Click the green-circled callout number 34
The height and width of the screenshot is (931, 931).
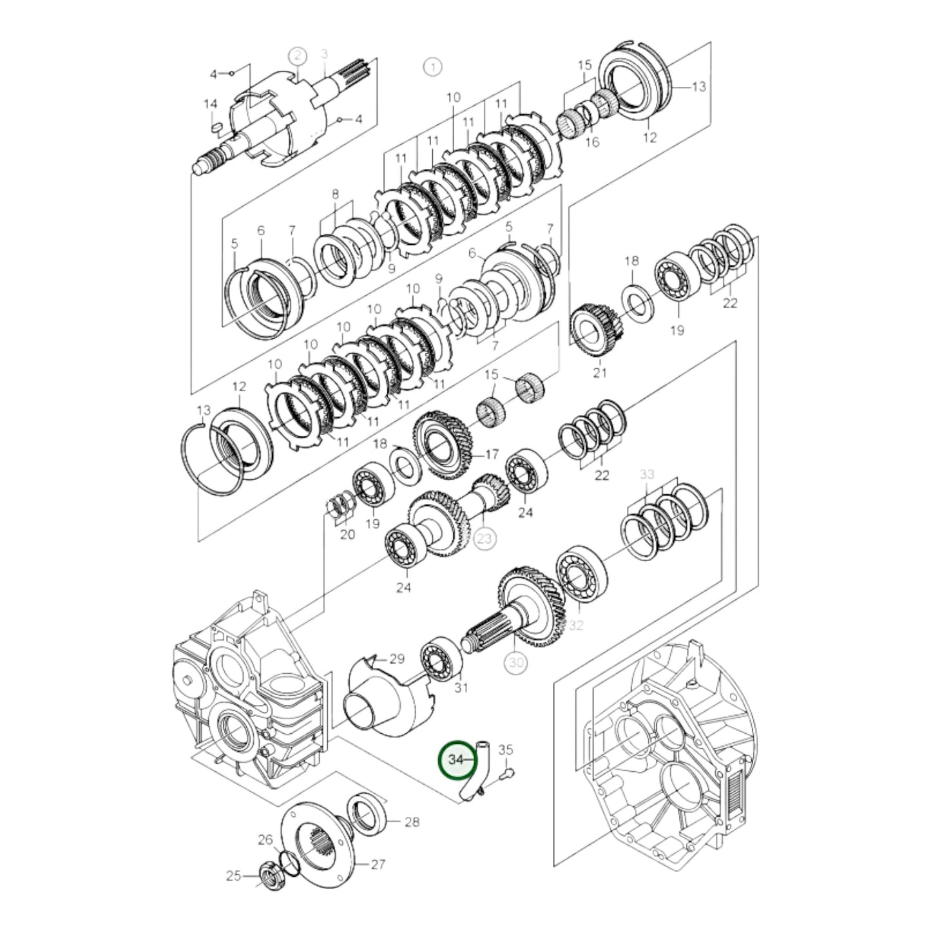456,760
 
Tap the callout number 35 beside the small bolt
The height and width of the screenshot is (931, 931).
506,749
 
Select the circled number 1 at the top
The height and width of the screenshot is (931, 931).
432,66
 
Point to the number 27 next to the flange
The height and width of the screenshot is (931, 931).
378,864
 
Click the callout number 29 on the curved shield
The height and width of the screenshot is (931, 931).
397,658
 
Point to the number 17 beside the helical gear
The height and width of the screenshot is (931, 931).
492,455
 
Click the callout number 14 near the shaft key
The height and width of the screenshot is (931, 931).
211,104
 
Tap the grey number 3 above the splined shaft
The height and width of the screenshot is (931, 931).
324,53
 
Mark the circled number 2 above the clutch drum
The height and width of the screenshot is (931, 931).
297,55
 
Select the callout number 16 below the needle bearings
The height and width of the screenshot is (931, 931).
592,142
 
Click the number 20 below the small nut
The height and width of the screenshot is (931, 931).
347,534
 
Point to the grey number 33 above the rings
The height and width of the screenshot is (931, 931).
647,474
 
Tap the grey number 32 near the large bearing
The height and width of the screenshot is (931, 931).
575,626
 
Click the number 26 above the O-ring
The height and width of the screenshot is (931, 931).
265,840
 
